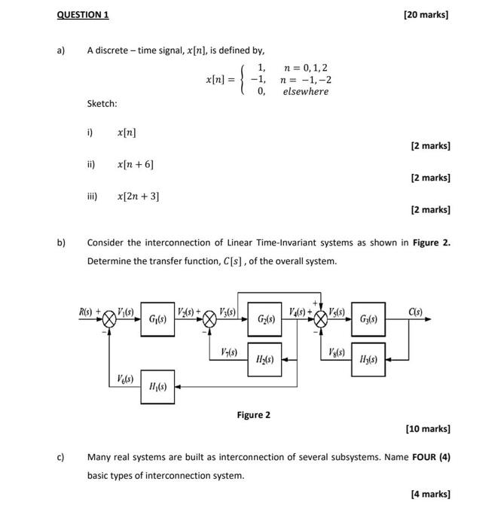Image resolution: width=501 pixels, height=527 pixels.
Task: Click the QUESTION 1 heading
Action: point(84,14)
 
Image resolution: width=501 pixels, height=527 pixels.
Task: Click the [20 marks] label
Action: point(426,14)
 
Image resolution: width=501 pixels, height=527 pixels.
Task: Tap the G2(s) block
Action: point(265,319)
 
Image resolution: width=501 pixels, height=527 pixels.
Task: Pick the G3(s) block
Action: point(368,319)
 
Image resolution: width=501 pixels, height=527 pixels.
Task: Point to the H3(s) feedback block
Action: point(368,360)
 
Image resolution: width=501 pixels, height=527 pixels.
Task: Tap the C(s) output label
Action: point(415,311)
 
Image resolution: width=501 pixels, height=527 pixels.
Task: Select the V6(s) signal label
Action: point(126,379)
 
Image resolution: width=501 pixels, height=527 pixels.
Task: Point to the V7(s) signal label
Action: point(229,352)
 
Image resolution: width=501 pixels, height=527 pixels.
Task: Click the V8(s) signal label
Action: point(337,352)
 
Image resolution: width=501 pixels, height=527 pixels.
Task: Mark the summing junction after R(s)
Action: point(111,319)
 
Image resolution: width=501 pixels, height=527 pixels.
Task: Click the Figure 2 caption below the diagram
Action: point(253,415)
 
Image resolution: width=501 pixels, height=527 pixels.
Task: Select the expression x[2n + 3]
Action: point(138,196)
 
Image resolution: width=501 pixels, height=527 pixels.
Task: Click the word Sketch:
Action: point(102,103)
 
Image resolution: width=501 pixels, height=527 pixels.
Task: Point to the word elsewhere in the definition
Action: point(305,92)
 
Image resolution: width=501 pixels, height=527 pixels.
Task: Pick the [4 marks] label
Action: point(430,494)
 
